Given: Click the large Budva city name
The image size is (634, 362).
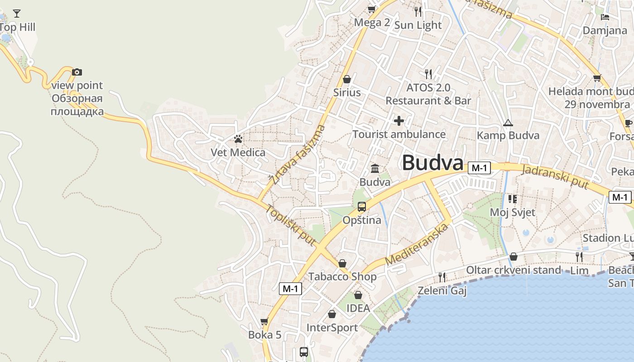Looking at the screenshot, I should [432, 163].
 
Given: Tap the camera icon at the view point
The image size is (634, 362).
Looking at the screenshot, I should [77, 72].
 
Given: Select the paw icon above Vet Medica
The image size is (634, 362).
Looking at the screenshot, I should [238, 139].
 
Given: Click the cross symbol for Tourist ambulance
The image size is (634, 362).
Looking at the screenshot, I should [399, 121].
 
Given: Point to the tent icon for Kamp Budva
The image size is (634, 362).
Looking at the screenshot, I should [508, 123].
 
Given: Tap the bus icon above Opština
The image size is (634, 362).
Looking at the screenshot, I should [361, 207].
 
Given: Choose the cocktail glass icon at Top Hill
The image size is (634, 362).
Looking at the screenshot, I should [17, 13].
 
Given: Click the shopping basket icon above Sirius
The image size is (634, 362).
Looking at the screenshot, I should [347, 79].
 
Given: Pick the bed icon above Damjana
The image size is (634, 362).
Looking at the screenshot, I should [605, 17].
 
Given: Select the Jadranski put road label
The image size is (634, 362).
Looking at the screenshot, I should [555, 176].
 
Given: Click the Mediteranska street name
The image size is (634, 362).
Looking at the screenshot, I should [417, 244].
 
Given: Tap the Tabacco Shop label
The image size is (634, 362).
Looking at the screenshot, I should [342, 276].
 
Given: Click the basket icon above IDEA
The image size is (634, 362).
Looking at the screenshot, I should [358, 295].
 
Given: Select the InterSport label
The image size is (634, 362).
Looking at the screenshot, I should [332, 328].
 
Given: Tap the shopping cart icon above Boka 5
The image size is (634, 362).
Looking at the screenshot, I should [264, 321].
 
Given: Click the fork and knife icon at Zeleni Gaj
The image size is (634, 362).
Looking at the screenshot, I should [442, 276].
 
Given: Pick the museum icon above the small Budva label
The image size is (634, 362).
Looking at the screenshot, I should [375, 169].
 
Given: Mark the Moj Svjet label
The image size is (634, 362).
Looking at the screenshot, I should [513, 212].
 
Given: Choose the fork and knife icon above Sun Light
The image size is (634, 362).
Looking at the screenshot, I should [418, 11].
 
